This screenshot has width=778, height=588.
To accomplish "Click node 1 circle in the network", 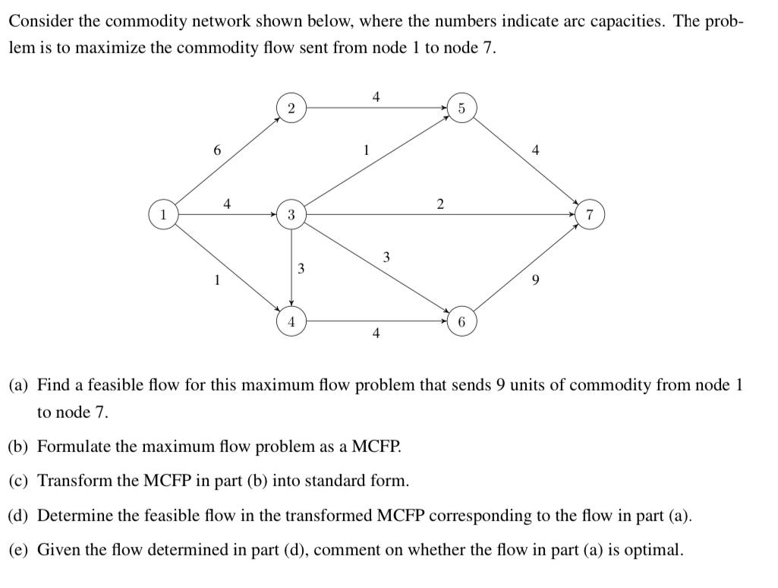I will pos(162,215).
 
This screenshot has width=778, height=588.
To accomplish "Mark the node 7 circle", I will pos(591,215).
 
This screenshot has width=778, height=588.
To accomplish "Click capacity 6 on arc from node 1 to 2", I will pos(217,150).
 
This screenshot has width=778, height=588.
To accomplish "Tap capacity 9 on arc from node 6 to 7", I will pos(537,280).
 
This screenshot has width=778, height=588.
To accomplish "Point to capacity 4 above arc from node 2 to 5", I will pos(376,96).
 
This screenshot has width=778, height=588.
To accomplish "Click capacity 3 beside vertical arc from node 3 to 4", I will pos(301,268).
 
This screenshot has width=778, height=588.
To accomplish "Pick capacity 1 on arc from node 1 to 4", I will pos(217,280).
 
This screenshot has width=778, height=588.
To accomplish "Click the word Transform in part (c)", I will pos(73,481).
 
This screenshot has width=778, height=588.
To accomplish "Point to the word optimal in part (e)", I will pos(657,550).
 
